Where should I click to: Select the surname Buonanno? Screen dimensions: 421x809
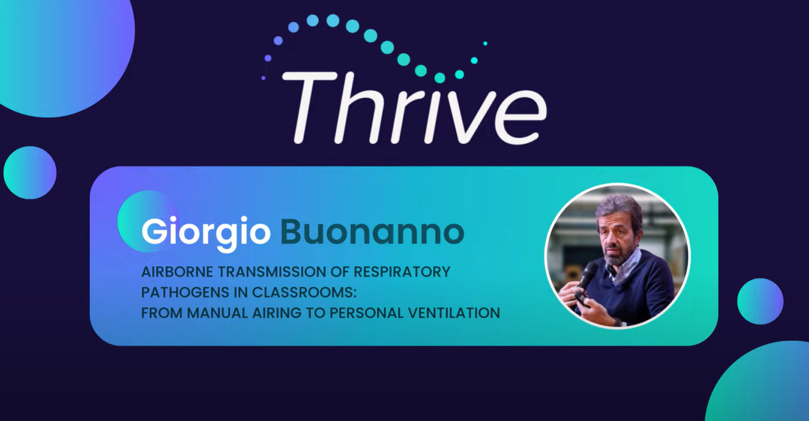pyautogui.click(x=372, y=232)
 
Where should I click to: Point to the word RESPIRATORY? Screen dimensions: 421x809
pyautogui.click(x=402, y=272)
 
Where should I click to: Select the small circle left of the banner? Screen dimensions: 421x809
pyautogui.click(x=30, y=173)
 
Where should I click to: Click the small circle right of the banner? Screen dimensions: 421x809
pyautogui.click(x=760, y=301)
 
